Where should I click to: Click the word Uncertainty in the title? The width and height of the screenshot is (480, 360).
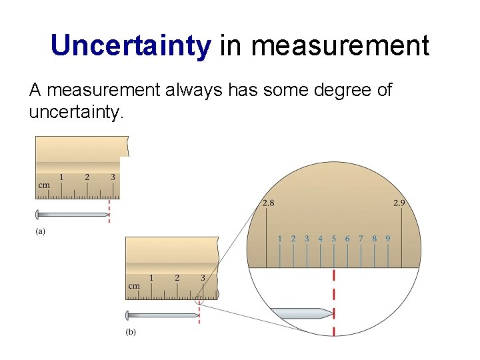point(131,45)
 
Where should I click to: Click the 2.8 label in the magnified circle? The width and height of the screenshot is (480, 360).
point(267,203)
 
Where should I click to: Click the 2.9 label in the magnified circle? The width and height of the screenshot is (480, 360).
point(398,203)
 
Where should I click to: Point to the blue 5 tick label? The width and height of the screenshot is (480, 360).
point(333,238)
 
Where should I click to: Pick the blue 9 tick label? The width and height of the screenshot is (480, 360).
point(387,238)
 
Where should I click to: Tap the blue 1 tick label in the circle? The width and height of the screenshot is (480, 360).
point(279,238)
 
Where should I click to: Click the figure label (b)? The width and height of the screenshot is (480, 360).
point(131,331)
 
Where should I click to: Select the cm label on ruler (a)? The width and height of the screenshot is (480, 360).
point(44,185)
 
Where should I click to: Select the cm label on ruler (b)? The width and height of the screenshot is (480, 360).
point(134,286)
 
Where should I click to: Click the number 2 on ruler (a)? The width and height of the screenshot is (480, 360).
point(87,177)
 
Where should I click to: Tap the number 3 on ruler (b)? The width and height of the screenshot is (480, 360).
point(203,277)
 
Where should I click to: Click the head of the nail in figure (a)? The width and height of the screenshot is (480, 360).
point(38,215)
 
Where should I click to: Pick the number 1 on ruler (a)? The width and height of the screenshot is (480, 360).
point(61,177)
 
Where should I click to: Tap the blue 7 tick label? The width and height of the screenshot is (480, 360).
point(361,238)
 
